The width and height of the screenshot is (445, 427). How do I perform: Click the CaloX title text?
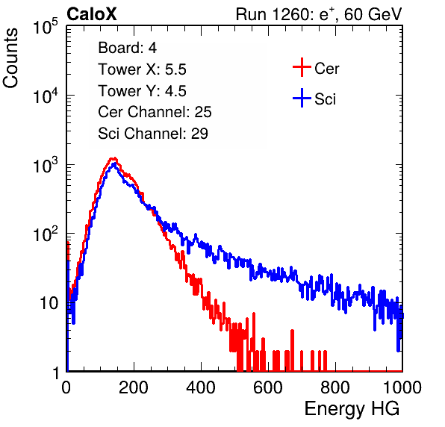(x=92, y=14)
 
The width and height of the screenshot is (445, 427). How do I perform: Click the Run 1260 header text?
(x=319, y=14)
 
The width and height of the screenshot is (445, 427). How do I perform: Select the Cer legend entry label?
(x=326, y=69)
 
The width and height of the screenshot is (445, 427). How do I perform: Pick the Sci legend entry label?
(x=325, y=99)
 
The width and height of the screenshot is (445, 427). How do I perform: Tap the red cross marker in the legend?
(x=302, y=67)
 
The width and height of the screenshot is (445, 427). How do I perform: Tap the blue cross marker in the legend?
(x=302, y=98)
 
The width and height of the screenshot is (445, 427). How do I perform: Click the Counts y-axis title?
(x=10, y=58)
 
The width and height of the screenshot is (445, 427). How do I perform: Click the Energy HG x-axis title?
(x=352, y=409)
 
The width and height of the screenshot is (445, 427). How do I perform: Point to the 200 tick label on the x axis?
(x=134, y=387)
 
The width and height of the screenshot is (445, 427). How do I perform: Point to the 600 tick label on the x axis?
(x=268, y=387)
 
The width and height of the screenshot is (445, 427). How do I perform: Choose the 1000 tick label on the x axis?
(x=402, y=387)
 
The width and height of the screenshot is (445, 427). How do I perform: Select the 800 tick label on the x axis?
(x=335, y=387)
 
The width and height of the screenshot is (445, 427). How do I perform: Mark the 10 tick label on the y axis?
(x=49, y=303)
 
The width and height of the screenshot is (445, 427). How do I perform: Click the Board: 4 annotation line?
(x=127, y=48)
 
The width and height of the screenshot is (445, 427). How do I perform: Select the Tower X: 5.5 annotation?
(x=142, y=69)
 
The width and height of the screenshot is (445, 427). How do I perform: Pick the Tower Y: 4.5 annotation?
(x=142, y=91)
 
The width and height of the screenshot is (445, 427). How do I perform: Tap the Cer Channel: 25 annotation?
(x=155, y=112)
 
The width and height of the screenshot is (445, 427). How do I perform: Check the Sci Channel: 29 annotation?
(x=153, y=134)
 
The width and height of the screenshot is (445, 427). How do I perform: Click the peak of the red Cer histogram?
(x=113, y=158)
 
